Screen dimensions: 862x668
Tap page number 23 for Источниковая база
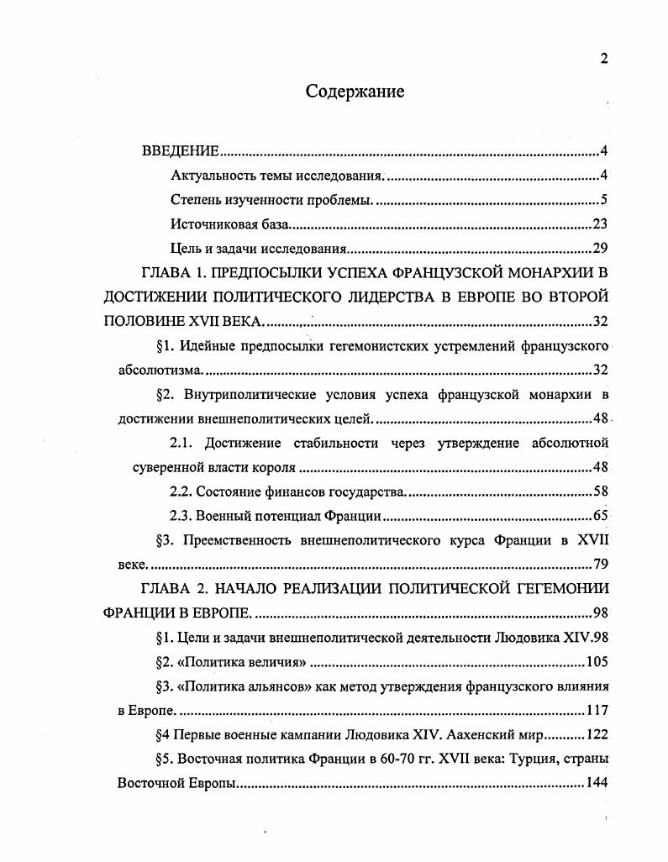(599, 224)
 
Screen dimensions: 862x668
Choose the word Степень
(196, 200)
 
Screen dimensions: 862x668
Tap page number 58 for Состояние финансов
(599, 491)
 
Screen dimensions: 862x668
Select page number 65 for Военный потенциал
(599, 516)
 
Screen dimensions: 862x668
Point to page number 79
(599, 564)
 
